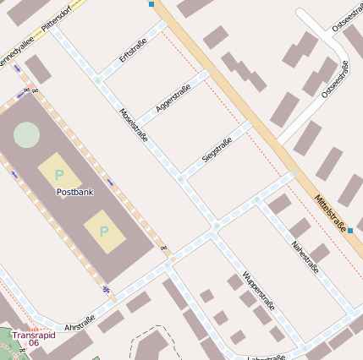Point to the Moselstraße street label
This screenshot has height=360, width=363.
point(134,124)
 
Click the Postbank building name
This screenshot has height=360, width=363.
point(74,192)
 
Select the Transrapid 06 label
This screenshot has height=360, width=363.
point(34,338)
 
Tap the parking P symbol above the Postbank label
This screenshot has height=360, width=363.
point(58,174)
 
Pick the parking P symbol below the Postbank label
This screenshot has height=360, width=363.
point(104,231)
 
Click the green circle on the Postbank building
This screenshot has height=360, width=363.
point(26,134)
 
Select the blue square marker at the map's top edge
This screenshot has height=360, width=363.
point(151,4)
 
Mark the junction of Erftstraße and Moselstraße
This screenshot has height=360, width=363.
point(99,80)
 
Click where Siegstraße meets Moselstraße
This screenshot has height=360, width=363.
point(181,178)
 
